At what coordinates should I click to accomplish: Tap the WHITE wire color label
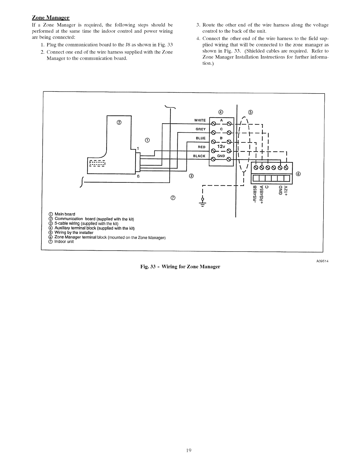pyautogui.click(x=200, y=120)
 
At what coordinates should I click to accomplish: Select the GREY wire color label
pyautogui.click(x=200, y=129)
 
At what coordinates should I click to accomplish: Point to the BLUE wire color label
pyautogui.click(x=200, y=138)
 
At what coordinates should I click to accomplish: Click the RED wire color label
pyautogui.click(x=201, y=147)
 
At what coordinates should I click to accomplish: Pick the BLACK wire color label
pyautogui.click(x=199, y=156)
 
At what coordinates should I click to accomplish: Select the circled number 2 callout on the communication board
pyautogui.click(x=119, y=123)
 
